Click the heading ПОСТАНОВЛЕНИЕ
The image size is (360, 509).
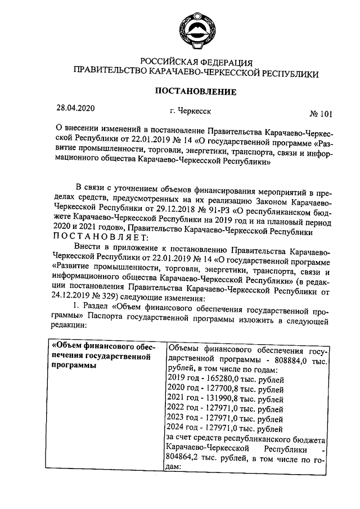(x=196, y=92)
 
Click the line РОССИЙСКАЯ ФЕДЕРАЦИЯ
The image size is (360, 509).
(x=196, y=62)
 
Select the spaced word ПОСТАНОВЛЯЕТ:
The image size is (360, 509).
(x=100, y=237)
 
